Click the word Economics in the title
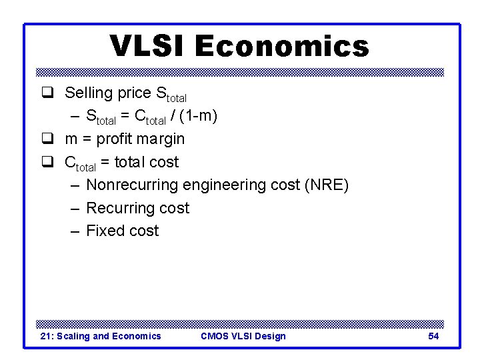(x=281, y=46)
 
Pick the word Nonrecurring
(x=132, y=185)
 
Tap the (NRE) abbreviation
(x=326, y=185)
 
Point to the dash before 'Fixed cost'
(x=73, y=231)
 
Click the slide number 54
(x=433, y=336)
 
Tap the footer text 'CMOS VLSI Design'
(x=243, y=336)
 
